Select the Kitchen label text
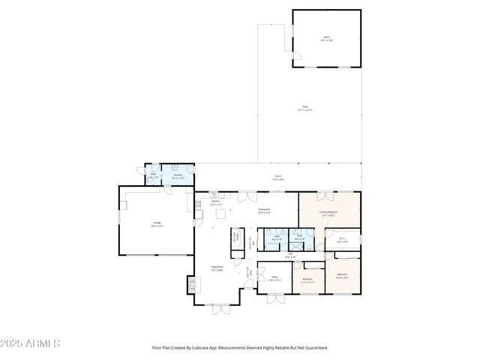(x=215, y=202)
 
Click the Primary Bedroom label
(x=328, y=213)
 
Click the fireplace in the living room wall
(x=193, y=285)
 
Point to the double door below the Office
(x=276, y=298)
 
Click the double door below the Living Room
(x=221, y=309)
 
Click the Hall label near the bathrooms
(x=289, y=255)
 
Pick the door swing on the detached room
(x=297, y=55)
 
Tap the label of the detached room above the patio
(x=326, y=37)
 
